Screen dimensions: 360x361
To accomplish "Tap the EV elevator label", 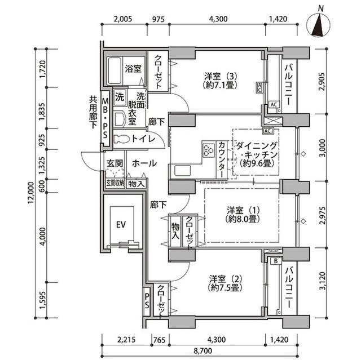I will coord(120,224).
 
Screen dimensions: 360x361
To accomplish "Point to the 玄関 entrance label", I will coord(115,163).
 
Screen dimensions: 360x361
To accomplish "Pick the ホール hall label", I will coord(145,163).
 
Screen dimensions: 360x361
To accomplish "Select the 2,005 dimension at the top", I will coord(122,19).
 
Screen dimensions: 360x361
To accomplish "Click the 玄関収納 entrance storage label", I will coord(115,183).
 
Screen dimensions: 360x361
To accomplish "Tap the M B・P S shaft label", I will coord(105,118).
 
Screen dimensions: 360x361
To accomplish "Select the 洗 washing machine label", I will coord(120,96).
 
